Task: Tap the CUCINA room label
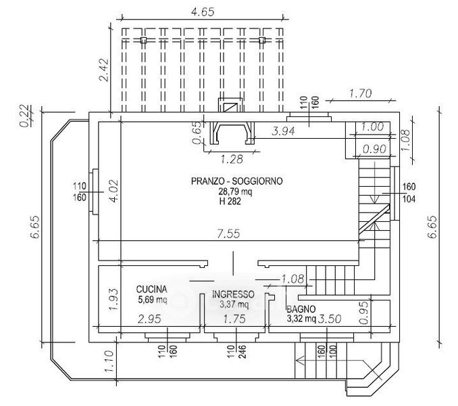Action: click(152, 288)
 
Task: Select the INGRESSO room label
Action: click(233, 294)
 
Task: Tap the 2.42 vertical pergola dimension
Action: click(103, 70)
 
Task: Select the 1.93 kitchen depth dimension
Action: click(113, 296)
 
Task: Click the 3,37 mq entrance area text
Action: click(232, 304)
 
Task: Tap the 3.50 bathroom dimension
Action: click(330, 318)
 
